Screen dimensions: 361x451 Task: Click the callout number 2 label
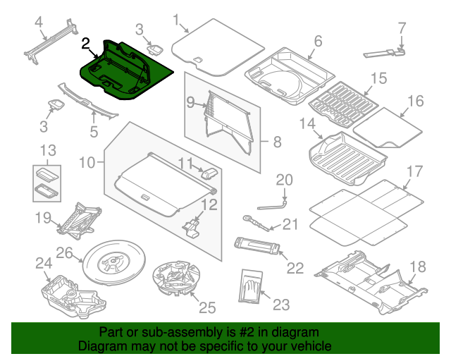[x=85, y=44]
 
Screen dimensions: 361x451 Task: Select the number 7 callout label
[x=402, y=29]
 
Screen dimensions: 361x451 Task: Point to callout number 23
[x=281, y=305]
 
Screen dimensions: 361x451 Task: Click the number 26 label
[x=64, y=252]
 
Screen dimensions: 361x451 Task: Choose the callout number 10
[x=86, y=164]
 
